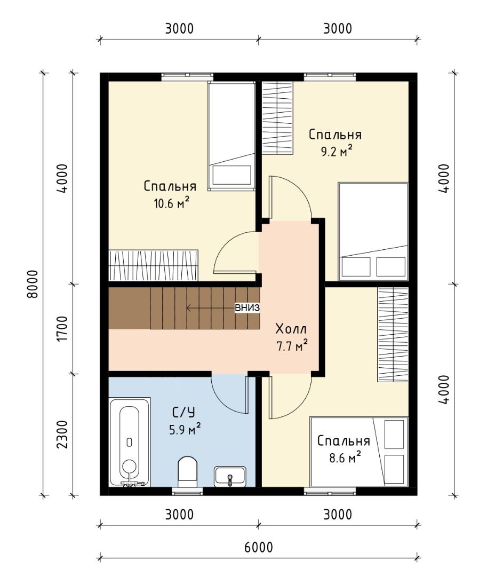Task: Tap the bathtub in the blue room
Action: [130, 442]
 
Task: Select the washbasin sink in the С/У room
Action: [230, 477]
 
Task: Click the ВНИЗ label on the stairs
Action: [248, 308]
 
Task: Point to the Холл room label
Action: [291, 329]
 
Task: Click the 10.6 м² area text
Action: [172, 203]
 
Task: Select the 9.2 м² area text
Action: [337, 151]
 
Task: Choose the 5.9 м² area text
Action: [185, 429]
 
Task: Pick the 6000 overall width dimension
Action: [258, 547]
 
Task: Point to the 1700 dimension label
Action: [63, 329]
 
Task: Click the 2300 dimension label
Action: [63, 435]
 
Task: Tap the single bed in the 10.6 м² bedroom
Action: [231, 136]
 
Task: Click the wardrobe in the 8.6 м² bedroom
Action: [393, 334]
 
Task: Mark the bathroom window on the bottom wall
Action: [187, 492]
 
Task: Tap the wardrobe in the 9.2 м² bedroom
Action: [277, 117]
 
